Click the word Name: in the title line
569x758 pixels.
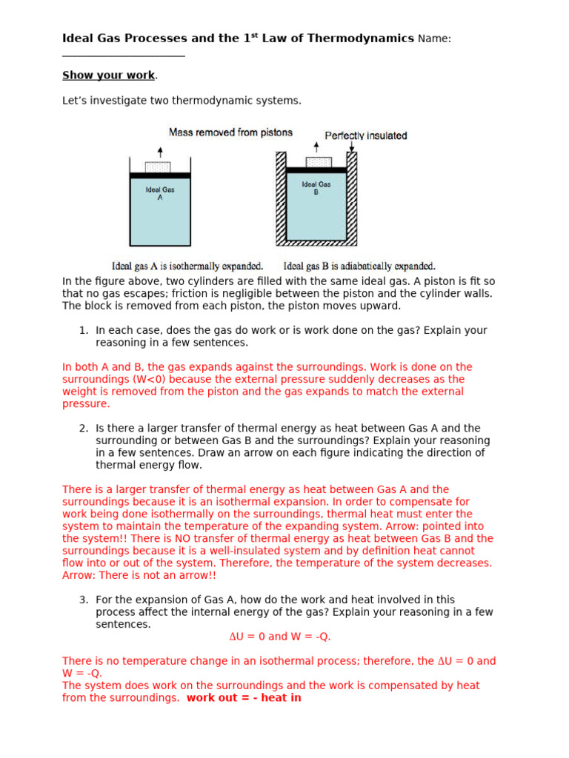(x=434, y=38)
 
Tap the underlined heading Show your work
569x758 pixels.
(x=109, y=76)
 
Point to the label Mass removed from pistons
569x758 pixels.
(x=230, y=133)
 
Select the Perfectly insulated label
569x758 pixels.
(x=366, y=135)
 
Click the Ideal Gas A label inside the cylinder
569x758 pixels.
(x=160, y=194)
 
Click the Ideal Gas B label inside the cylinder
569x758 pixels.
(x=316, y=188)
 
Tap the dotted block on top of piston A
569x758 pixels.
(x=158, y=167)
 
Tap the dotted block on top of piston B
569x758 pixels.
(x=318, y=162)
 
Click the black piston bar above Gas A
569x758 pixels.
(x=160, y=175)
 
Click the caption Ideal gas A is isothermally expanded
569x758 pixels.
(x=187, y=266)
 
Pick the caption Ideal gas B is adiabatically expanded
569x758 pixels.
(x=359, y=266)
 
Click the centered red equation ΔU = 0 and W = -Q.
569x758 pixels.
(x=280, y=637)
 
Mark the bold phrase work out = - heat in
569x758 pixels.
(x=244, y=698)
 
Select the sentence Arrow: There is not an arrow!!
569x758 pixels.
(x=139, y=575)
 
